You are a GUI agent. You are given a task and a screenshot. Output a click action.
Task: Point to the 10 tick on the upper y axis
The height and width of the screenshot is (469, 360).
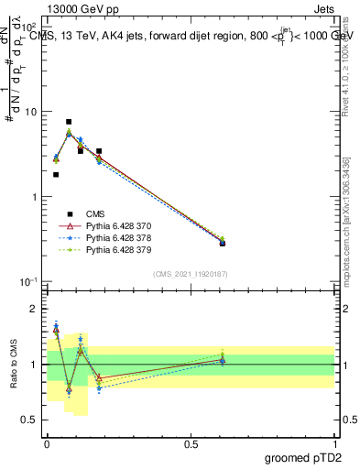(30, 112)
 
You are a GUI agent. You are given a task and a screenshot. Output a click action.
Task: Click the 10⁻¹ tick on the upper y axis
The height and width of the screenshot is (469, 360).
(29, 281)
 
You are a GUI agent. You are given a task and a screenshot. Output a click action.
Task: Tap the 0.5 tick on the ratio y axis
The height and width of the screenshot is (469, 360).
(30, 420)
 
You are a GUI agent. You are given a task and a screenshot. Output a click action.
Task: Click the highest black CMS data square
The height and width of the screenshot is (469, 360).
(69, 122)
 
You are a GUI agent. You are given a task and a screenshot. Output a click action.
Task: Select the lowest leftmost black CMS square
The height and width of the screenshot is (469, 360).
(56, 175)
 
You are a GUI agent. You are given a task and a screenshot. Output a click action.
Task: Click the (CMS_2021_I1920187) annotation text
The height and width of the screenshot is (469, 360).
(190, 273)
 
